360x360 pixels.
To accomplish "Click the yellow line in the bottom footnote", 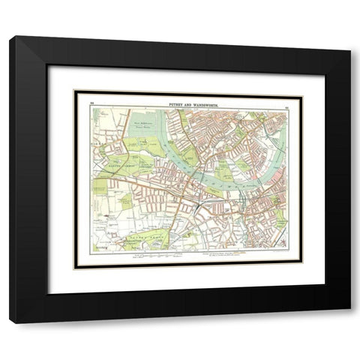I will coord(238,253).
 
